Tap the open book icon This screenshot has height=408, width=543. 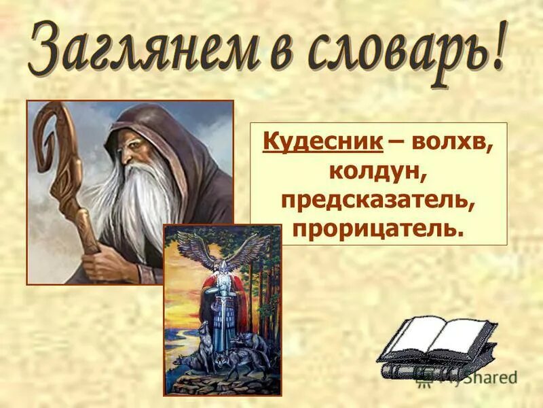438,347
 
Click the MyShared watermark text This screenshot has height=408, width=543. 475,376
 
